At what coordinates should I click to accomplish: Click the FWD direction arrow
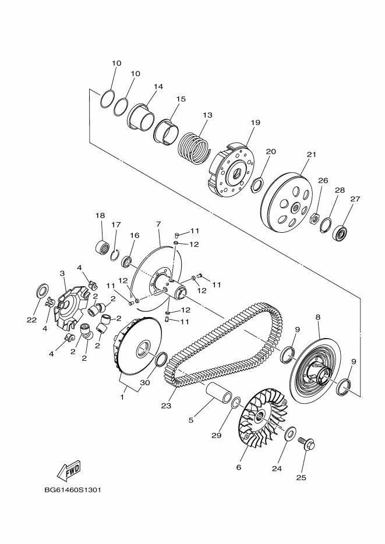click(x=69, y=469)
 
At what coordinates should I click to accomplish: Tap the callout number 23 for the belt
click(x=166, y=406)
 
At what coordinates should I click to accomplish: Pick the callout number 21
click(x=310, y=155)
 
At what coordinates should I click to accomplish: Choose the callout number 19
click(x=255, y=123)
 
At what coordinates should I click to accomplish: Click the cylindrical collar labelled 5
click(x=213, y=397)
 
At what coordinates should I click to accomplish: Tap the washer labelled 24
click(x=289, y=434)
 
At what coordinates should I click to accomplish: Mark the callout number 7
click(x=158, y=223)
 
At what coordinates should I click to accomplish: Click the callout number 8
click(x=318, y=317)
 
